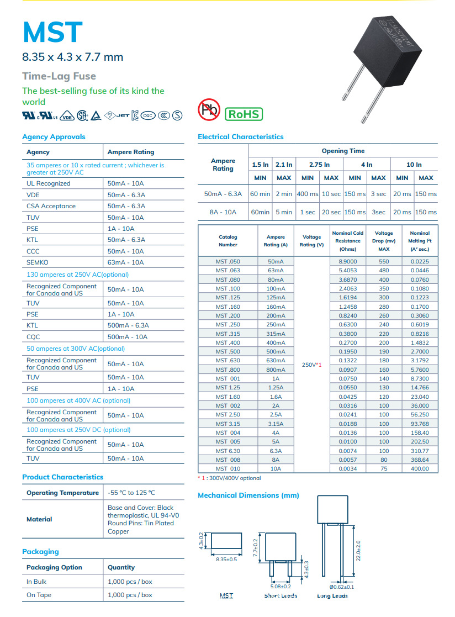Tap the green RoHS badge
pos(244,114)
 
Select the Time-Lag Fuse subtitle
pos(59,76)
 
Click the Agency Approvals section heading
pos(54,137)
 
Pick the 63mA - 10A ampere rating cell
pos(125,262)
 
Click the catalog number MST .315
pos(227,334)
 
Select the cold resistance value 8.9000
pos(347,261)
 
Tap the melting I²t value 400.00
pos(419,468)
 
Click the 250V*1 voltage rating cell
pos(311,365)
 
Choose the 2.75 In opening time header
pos(319,165)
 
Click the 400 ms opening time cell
pos(308,194)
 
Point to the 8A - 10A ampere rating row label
pos(223,212)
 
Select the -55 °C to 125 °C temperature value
pos(131,493)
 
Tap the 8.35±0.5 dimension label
pos(226,559)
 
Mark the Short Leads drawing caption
pos(281,595)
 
